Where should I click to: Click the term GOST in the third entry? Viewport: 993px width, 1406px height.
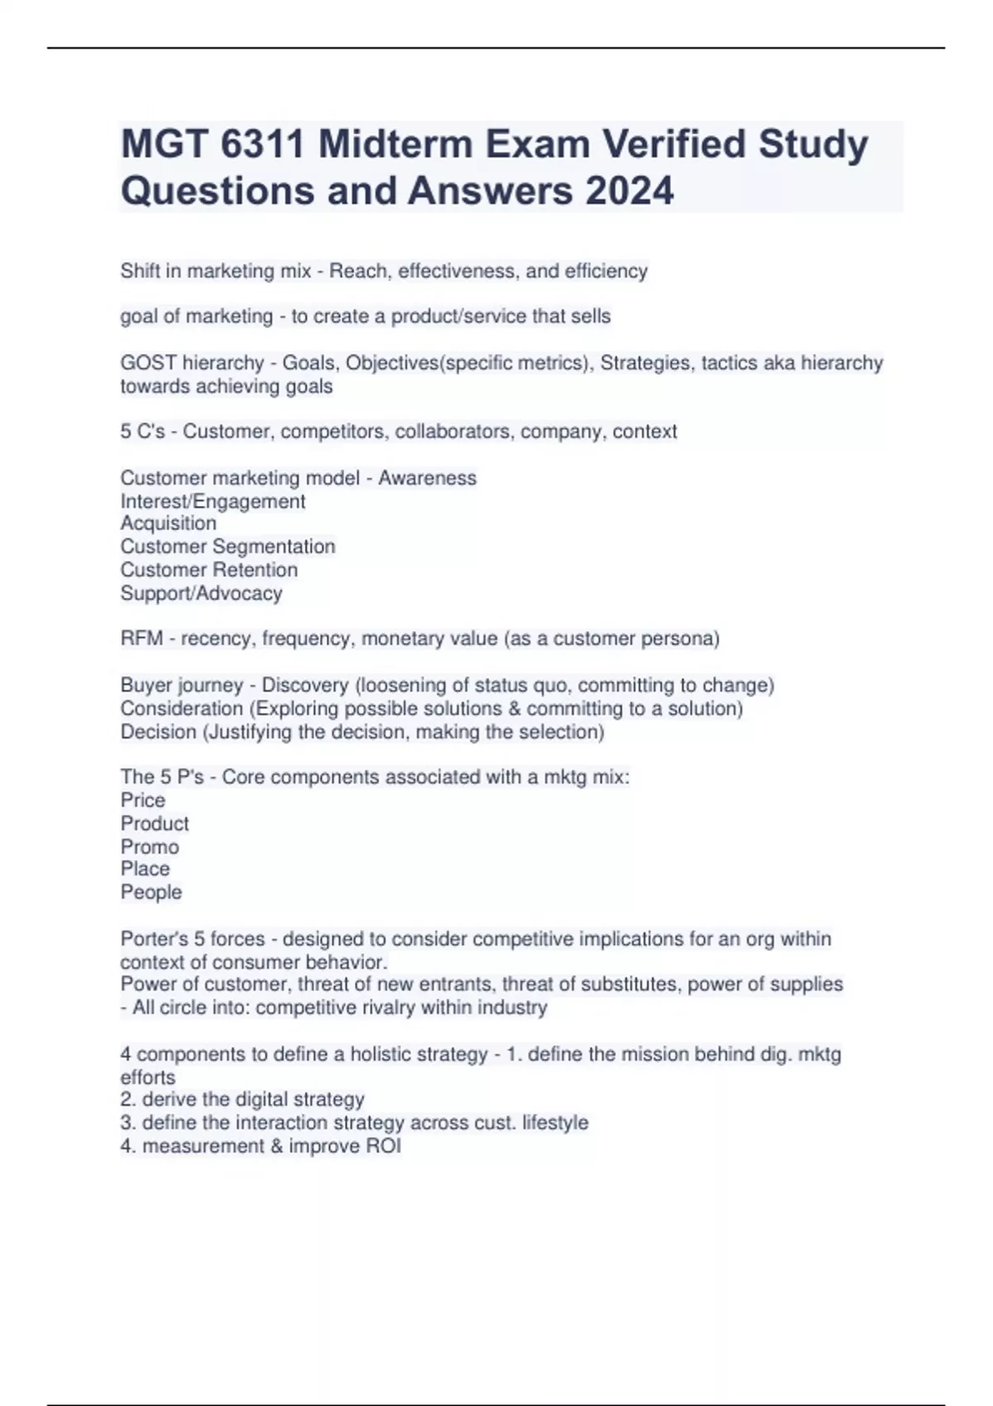click(148, 363)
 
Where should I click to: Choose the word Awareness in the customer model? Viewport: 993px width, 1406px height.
click(427, 478)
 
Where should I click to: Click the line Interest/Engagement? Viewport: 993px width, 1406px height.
click(213, 501)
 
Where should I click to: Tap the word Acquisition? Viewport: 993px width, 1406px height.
click(168, 524)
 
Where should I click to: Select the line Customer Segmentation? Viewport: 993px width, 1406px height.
click(228, 547)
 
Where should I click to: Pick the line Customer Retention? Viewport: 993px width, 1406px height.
click(209, 570)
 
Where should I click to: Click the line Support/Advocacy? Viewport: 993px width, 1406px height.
click(201, 593)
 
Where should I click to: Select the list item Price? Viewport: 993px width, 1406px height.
click(142, 801)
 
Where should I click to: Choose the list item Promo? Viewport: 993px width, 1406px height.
click(149, 847)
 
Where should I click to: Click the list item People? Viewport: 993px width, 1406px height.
click(151, 892)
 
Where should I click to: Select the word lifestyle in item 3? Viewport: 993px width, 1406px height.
click(555, 1123)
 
